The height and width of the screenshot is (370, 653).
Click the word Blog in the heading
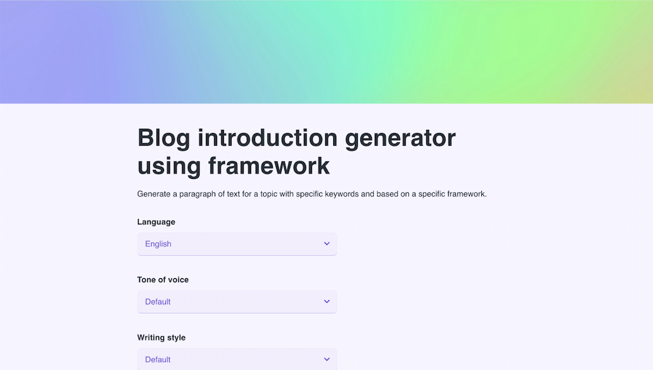(x=163, y=138)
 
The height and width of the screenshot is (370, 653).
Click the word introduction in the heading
(x=267, y=138)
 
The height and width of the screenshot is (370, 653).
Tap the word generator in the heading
(x=400, y=138)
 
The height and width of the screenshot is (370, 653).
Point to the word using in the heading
(x=169, y=166)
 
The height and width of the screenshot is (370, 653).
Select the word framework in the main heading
(x=269, y=166)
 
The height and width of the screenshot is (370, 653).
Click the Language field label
(x=156, y=222)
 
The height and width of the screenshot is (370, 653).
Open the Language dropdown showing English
(x=237, y=244)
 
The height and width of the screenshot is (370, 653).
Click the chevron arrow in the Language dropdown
(x=326, y=244)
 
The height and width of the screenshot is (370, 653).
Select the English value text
(x=158, y=244)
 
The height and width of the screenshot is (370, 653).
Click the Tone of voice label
(x=163, y=280)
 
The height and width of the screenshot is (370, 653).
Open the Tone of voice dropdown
(x=237, y=302)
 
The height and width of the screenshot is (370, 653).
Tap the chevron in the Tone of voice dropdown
(x=326, y=302)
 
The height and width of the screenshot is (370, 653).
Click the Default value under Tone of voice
(x=158, y=302)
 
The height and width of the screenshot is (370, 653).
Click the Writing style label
(x=161, y=337)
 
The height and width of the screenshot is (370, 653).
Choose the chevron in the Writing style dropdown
(x=326, y=359)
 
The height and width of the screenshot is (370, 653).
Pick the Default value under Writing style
(x=158, y=360)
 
